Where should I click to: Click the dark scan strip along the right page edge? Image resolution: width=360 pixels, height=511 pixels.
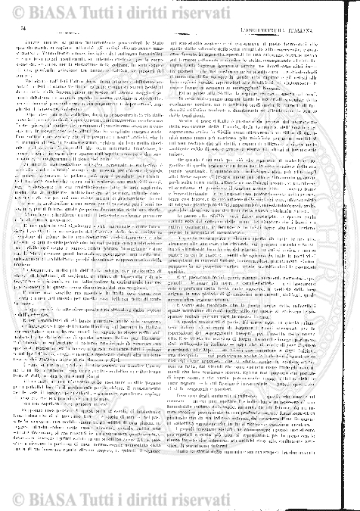click(355, 257)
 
